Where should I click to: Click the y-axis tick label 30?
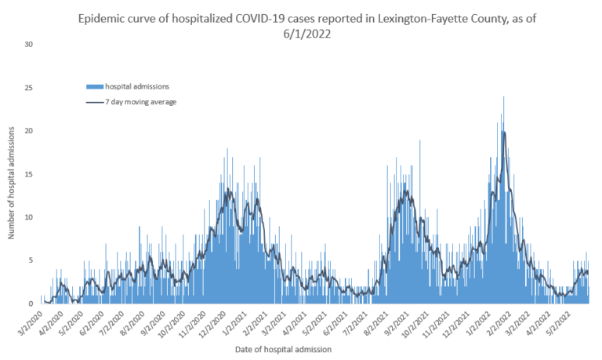point(29,44)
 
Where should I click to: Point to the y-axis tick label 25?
point(29,87)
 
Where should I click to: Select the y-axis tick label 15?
point(29,173)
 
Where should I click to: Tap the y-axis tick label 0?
point(31,304)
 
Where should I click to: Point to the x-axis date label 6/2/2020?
point(94,320)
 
